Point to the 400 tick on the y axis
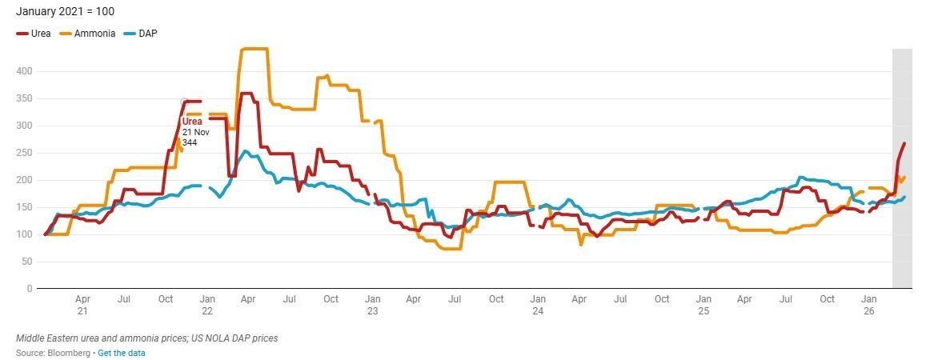pos(24,71)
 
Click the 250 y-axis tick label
pos(24,153)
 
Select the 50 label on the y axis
pos(26,262)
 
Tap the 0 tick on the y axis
pos(29,288)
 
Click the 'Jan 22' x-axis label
pos(206,304)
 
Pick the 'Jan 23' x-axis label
pos(372,304)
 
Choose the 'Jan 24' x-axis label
pos(538,304)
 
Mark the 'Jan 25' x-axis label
pos(703,304)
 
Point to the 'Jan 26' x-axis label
pos(868,304)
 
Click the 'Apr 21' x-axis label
pos(82,304)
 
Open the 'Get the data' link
pos(121,353)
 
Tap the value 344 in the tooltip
pos(190,142)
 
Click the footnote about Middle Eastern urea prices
pos(146,338)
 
